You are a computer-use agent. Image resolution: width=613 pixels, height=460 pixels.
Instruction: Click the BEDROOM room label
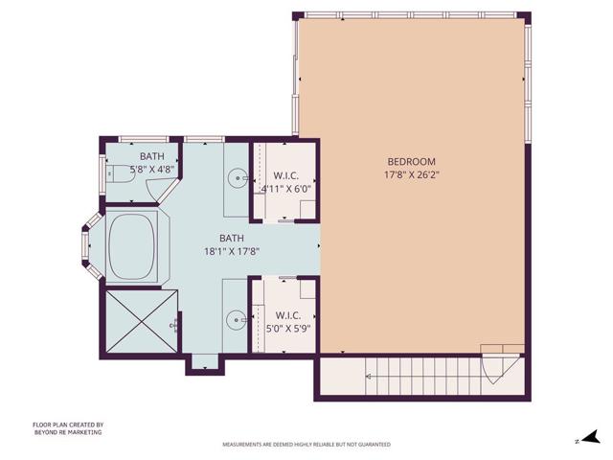coord(411,161)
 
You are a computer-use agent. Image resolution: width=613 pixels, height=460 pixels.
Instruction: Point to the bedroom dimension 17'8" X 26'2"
coord(411,175)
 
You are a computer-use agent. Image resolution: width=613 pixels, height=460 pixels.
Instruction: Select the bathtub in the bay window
coord(131,247)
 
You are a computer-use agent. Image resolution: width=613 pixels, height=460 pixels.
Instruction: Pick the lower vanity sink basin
coord(236,318)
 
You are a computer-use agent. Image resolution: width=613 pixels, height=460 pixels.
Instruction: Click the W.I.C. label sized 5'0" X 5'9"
coord(287,314)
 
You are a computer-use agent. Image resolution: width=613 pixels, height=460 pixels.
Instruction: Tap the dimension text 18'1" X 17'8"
coord(232,252)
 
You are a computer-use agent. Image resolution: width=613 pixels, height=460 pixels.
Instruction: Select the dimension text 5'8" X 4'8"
coord(151,170)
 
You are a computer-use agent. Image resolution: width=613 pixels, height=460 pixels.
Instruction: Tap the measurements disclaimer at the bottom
coord(306,445)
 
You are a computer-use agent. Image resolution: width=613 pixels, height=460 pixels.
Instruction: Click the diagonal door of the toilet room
coord(167,190)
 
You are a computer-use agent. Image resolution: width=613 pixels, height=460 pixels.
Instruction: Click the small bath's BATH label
coord(151,156)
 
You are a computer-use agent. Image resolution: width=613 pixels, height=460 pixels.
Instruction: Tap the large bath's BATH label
coord(232,239)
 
